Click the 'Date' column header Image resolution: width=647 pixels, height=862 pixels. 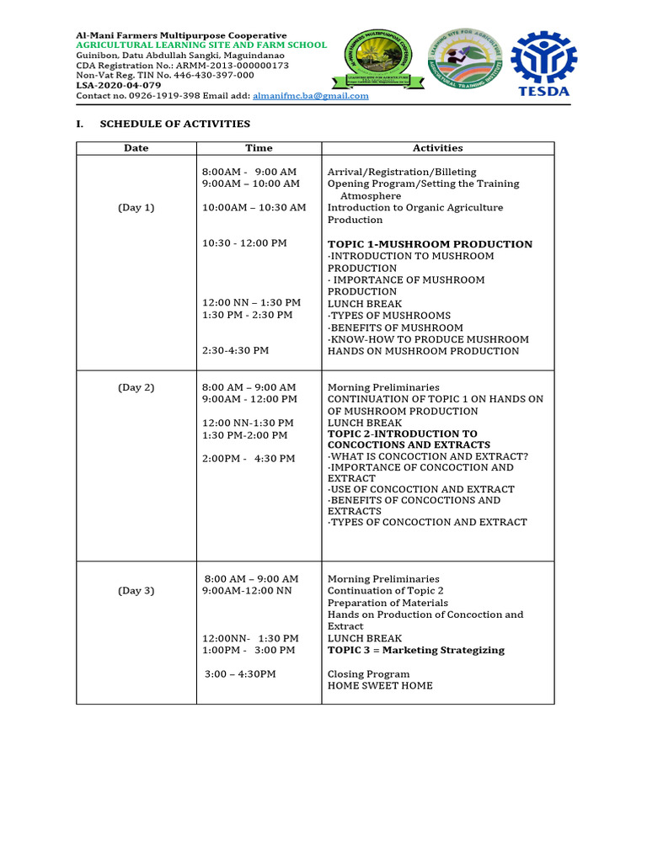[136, 148]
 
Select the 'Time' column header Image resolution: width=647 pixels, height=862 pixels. [259, 148]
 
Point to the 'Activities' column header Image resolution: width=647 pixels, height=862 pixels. [437, 148]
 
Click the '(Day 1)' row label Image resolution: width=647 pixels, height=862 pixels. [136, 208]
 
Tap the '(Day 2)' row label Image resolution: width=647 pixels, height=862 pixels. [136, 387]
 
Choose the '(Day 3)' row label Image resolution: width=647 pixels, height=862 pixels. [136, 591]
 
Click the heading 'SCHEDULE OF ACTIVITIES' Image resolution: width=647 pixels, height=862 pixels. [174, 124]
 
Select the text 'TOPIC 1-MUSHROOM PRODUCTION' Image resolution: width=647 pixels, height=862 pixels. [430, 244]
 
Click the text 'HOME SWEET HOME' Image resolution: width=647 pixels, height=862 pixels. [380, 686]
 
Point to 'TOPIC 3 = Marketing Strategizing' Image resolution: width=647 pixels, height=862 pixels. [416, 650]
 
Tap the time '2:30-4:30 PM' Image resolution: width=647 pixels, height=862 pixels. [236, 351]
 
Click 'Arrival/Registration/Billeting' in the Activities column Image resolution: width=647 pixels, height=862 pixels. [402, 172]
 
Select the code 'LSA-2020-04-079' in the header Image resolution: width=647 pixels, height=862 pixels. [119, 85]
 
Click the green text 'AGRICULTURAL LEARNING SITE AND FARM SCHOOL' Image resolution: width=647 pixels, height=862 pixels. [201, 45]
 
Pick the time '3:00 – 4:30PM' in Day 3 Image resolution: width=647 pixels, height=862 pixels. [240, 674]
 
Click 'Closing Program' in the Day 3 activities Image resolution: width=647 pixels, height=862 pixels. [368, 674]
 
